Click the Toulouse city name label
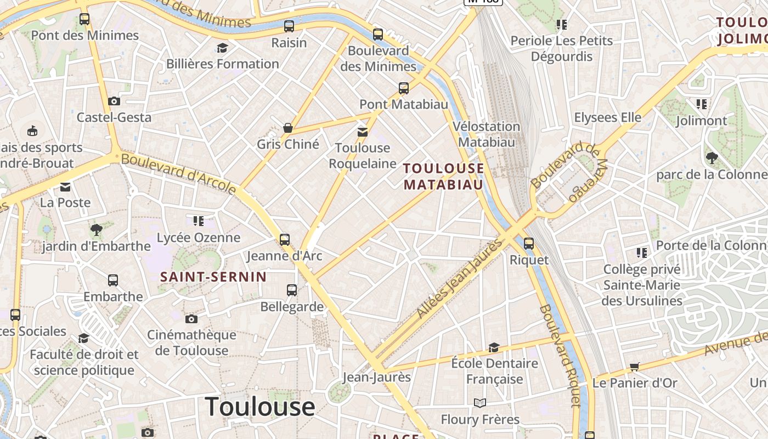(x=260, y=407)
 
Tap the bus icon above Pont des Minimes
(x=84, y=19)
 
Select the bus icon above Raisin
(x=289, y=26)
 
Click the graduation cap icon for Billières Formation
(x=222, y=48)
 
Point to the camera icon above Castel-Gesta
(x=114, y=101)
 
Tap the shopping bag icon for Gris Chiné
(x=287, y=128)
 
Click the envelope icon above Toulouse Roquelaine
(x=362, y=132)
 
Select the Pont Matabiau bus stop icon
(x=404, y=88)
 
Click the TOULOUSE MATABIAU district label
(x=444, y=176)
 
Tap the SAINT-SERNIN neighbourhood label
(x=213, y=277)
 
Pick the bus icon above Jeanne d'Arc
(x=284, y=239)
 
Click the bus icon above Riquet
(x=529, y=243)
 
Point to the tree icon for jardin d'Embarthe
(x=97, y=229)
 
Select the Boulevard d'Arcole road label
(x=178, y=173)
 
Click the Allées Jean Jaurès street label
(x=459, y=279)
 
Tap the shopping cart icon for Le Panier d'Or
(x=635, y=367)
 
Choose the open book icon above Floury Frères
(x=480, y=403)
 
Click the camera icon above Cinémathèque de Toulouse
(x=191, y=319)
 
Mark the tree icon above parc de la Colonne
(x=711, y=158)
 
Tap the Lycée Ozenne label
(x=199, y=238)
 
